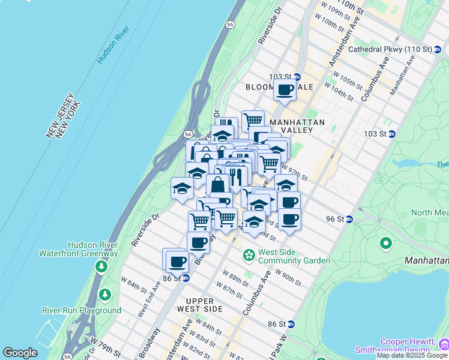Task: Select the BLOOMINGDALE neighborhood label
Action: [279, 87]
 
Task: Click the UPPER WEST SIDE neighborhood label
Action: [196, 304]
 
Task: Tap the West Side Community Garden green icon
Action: [249, 256]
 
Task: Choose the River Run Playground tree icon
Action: [106, 295]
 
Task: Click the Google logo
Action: [20, 353]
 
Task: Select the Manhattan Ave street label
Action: [402, 75]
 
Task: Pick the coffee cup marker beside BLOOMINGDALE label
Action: [285, 90]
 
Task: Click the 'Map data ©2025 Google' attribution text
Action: [412, 355]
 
